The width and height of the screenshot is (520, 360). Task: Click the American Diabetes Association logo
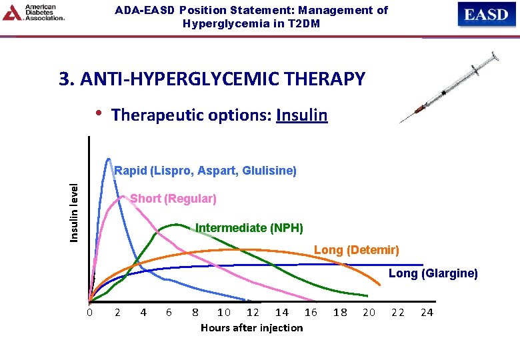(x=34, y=13)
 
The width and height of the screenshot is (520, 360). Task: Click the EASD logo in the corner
(x=486, y=15)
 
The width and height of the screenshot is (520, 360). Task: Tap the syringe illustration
(x=449, y=87)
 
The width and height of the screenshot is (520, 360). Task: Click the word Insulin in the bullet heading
(x=301, y=115)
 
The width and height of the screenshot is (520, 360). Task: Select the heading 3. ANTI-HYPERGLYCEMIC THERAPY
(x=212, y=79)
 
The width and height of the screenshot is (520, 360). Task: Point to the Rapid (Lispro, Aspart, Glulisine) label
(x=205, y=171)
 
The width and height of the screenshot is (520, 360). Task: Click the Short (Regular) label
(x=173, y=199)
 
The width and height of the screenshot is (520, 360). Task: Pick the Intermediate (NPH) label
(x=249, y=228)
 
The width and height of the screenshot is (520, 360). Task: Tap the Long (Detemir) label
(x=356, y=250)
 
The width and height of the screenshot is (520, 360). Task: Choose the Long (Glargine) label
(x=433, y=273)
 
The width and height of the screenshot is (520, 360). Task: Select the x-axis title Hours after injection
(x=251, y=327)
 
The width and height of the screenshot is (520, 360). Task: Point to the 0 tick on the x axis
(x=89, y=312)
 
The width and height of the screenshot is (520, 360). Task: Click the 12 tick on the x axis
(x=253, y=312)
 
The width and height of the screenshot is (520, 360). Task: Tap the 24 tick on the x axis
(x=427, y=312)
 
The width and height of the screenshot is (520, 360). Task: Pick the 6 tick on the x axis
(x=169, y=312)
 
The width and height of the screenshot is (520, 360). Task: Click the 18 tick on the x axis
(x=340, y=312)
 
